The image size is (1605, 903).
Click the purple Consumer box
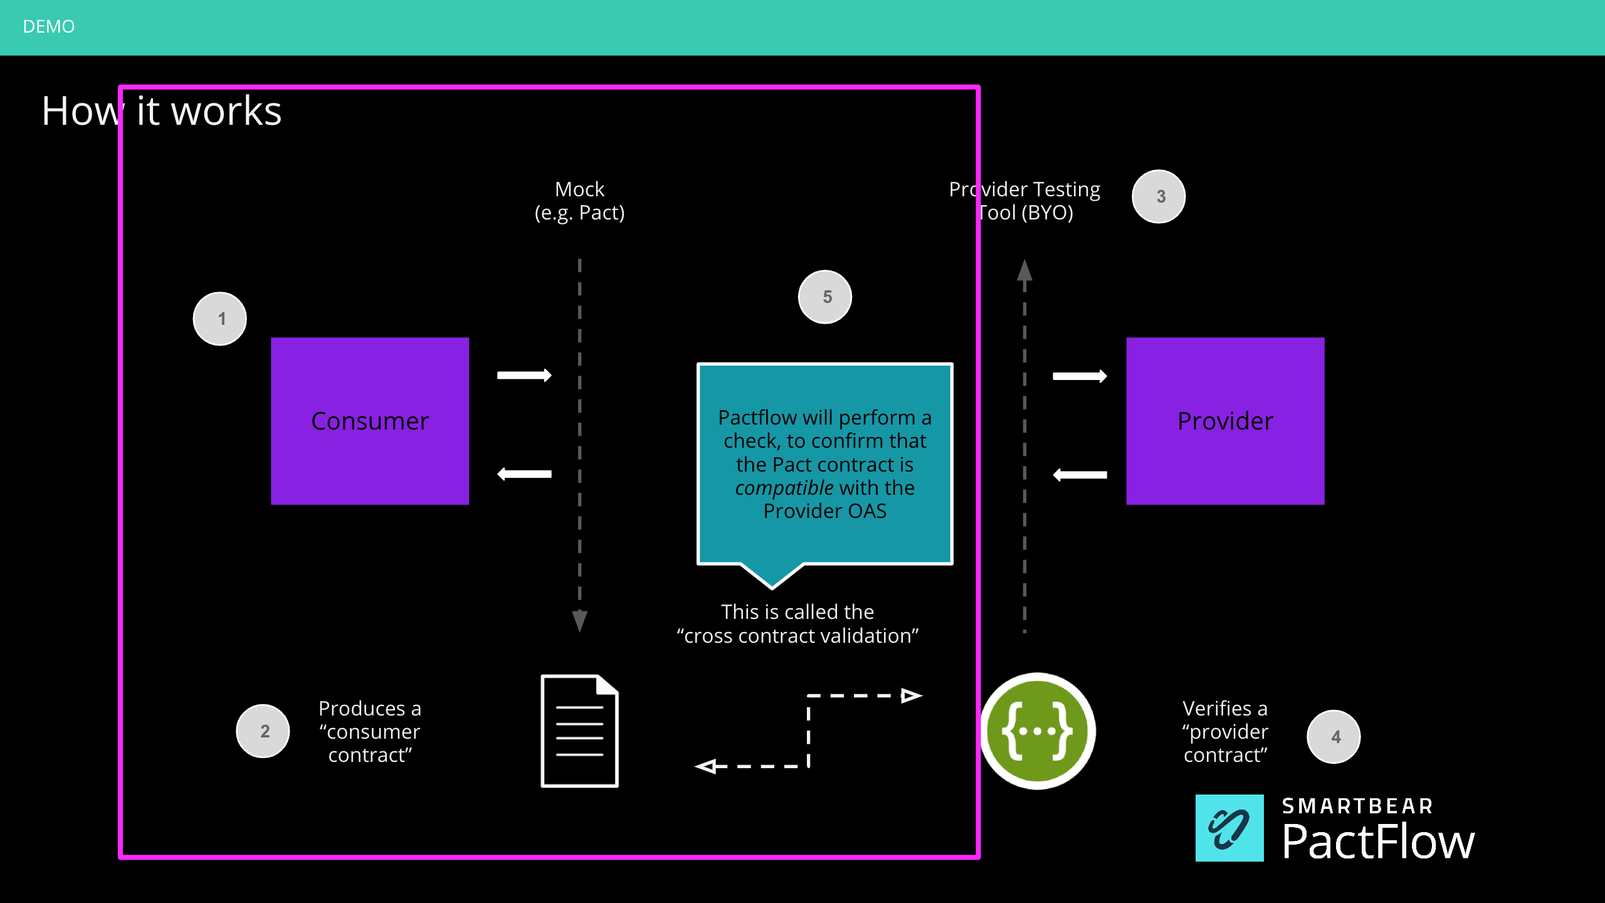click(370, 421)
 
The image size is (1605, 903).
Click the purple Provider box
click(1225, 421)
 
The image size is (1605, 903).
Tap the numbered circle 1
click(220, 319)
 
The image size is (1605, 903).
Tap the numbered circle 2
click(263, 731)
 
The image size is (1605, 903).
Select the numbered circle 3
click(1159, 196)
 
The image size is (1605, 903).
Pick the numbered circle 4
click(1334, 737)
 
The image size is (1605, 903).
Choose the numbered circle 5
click(826, 297)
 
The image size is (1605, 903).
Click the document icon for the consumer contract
click(579, 731)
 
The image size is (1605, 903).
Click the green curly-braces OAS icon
click(1038, 731)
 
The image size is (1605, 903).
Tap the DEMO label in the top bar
click(49, 26)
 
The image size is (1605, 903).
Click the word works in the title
click(226, 112)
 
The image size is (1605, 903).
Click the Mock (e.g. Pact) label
click(579, 201)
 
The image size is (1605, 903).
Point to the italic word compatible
click(784, 488)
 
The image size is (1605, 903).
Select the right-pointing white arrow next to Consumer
click(524, 375)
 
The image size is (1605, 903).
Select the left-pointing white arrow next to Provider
click(1080, 475)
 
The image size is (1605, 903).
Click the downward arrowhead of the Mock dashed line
click(580, 621)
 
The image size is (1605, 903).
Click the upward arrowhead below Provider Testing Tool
click(1024, 271)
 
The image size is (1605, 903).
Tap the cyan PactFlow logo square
click(1229, 828)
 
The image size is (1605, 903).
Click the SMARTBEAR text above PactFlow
click(1357, 806)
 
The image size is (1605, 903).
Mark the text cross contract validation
click(797, 636)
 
